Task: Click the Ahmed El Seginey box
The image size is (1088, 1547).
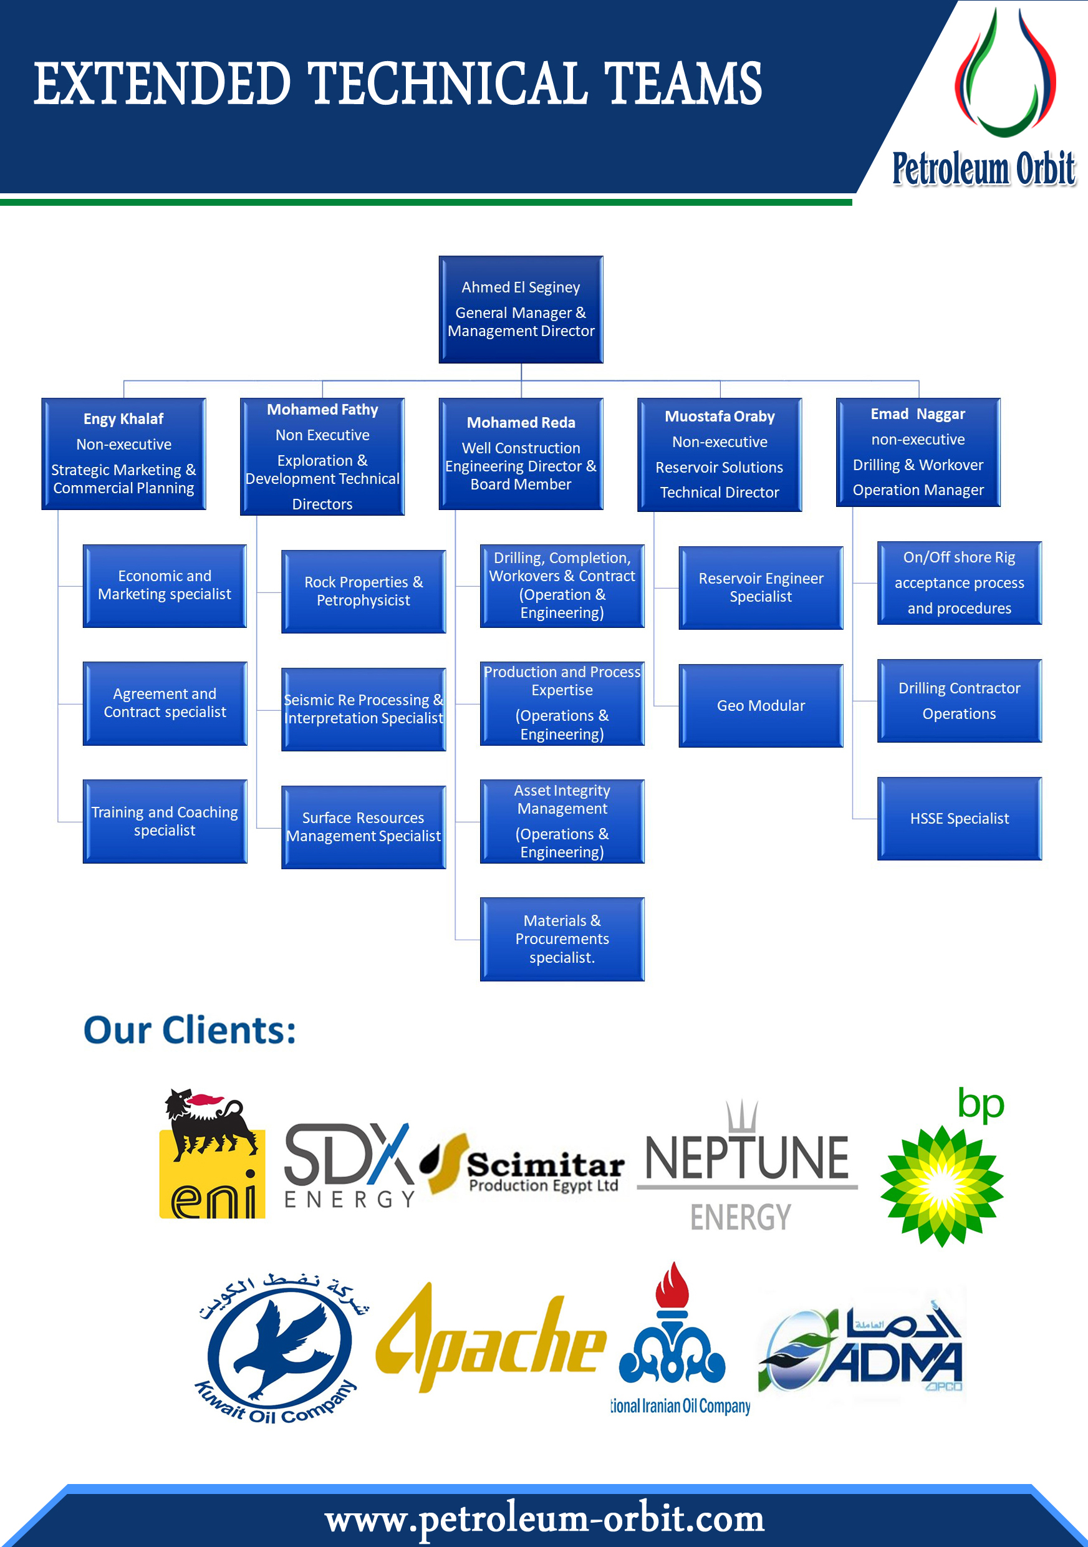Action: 521,309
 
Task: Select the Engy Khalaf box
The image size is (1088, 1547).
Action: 123,453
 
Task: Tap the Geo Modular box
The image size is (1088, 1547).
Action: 761,705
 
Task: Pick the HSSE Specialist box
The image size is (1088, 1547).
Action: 960,819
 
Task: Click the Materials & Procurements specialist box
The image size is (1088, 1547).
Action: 562,938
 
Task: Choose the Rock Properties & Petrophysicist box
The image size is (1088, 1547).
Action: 363,591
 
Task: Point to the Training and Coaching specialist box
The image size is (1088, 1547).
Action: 165,821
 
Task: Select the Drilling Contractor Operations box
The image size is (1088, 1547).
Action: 960,701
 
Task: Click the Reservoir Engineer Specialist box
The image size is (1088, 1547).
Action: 761,587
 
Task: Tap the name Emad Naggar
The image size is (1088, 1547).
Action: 918,413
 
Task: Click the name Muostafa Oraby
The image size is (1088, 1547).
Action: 720,417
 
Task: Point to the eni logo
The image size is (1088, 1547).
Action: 211,1154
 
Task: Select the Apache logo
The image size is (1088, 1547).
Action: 491,1341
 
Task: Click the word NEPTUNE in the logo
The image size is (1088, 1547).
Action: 746,1159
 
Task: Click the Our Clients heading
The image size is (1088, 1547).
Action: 190,1030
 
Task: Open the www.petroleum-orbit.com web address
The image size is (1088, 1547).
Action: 544,1519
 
